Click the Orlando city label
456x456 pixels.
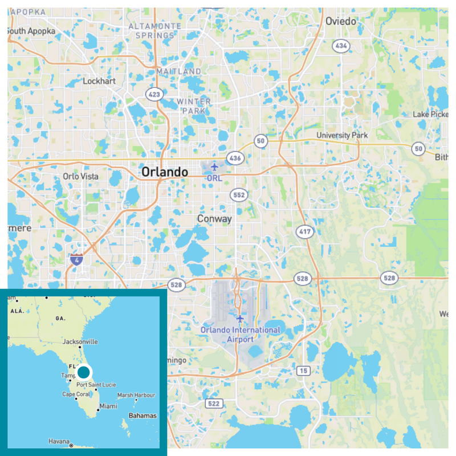click(165, 172)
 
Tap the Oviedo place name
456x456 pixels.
click(340, 21)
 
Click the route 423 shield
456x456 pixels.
click(154, 95)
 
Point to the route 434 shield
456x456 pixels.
click(341, 46)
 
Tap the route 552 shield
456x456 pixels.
click(239, 195)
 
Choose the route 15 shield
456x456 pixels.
click(303, 371)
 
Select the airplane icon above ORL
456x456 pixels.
click(214, 167)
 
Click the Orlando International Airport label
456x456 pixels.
click(239, 335)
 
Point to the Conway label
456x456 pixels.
click(214, 219)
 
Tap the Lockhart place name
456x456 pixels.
click(99, 81)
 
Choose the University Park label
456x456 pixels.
click(342, 136)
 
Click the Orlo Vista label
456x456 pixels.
click(80, 177)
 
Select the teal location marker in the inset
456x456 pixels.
click(83, 372)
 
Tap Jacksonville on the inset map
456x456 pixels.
click(80, 341)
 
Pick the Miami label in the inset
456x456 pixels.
click(108, 406)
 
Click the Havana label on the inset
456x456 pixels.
click(59, 442)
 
